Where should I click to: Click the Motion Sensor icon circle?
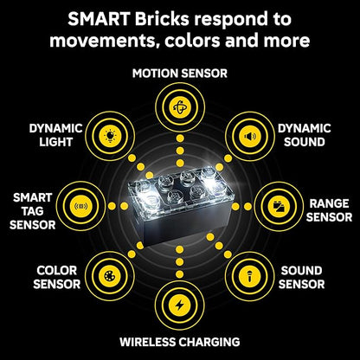(180, 107)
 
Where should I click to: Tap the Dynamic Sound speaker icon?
(250, 136)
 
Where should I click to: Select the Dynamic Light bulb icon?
(110, 136)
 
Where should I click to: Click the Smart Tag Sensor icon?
(80, 206)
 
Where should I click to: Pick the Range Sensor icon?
(279, 206)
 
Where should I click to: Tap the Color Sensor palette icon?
(110, 276)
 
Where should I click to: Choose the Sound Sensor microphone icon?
(250, 276)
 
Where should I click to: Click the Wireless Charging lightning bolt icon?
(179, 305)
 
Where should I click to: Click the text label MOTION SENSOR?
(180, 74)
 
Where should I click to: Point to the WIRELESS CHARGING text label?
(180, 342)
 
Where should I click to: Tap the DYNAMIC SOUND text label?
(305, 135)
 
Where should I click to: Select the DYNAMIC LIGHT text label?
(55, 135)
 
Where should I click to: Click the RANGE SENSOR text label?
(329, 210)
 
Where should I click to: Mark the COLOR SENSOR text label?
(56, 277)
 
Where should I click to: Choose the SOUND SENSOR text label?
(301, 277)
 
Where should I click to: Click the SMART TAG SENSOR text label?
(33, 211)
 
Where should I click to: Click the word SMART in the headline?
(99, 19)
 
